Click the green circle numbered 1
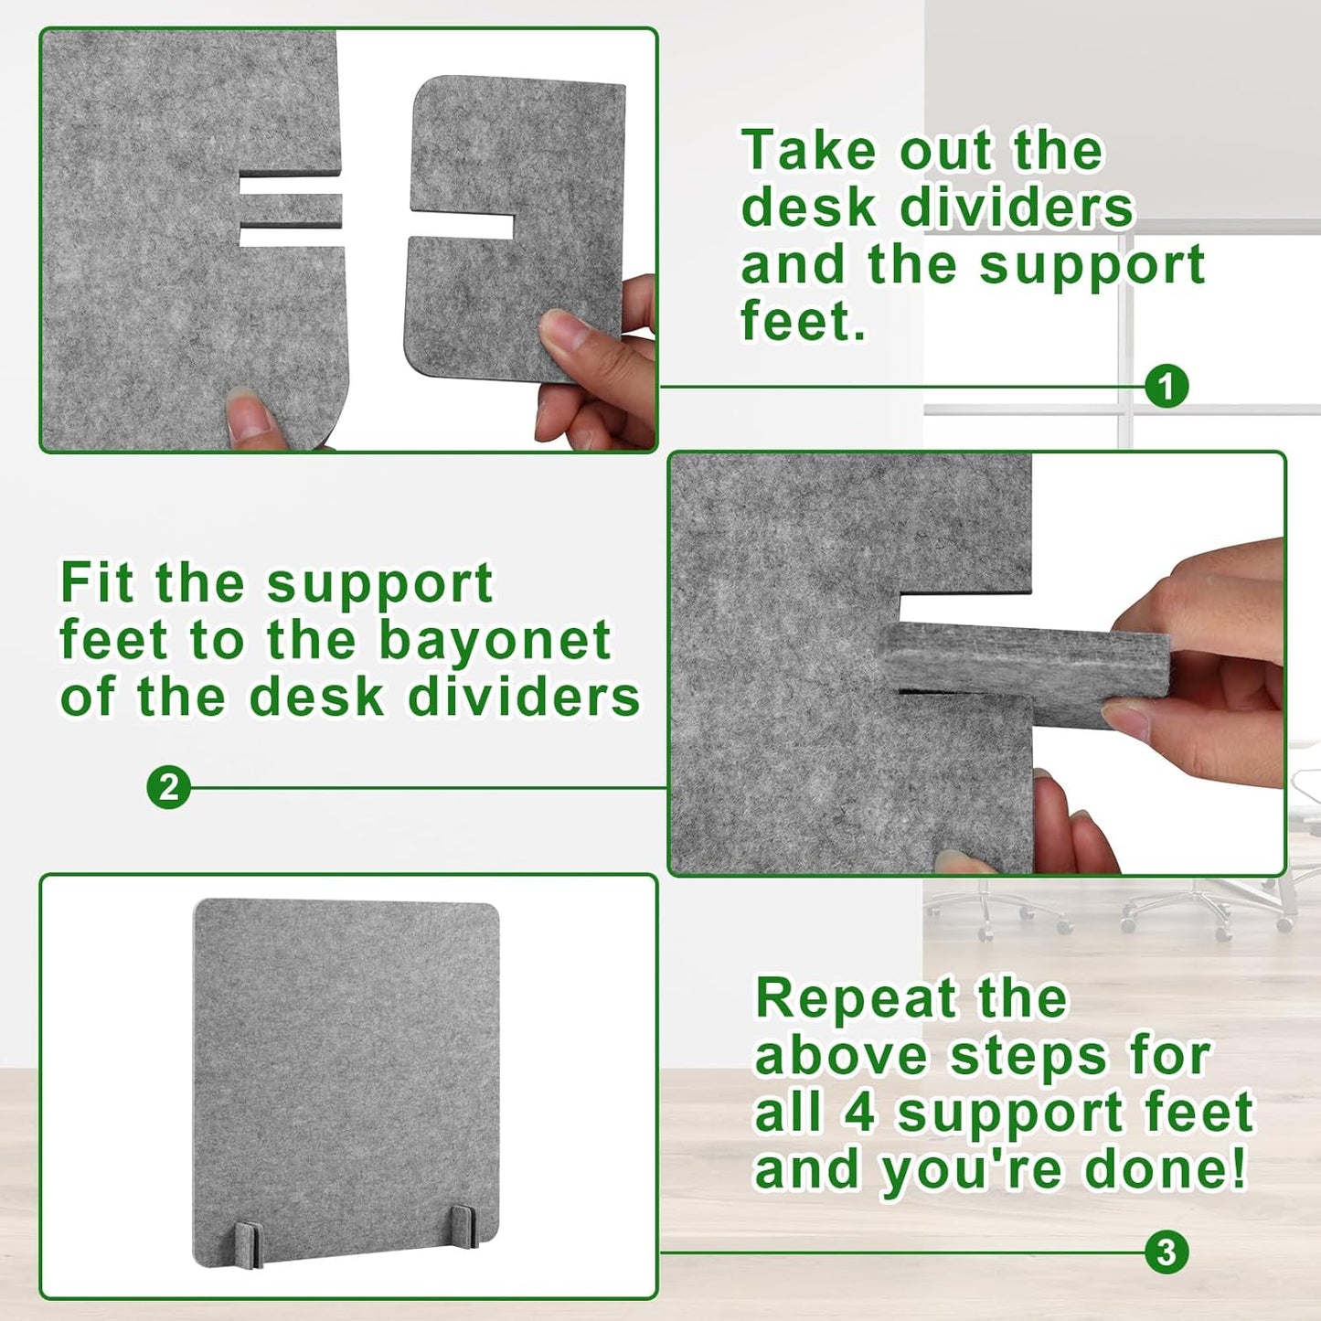(x=1167, y=388)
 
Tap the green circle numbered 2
(x=168, y=787)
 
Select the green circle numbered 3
(x=1167, y=1252)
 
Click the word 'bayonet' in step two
(x=495, y=640)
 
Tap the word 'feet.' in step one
(x=803, y=321)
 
